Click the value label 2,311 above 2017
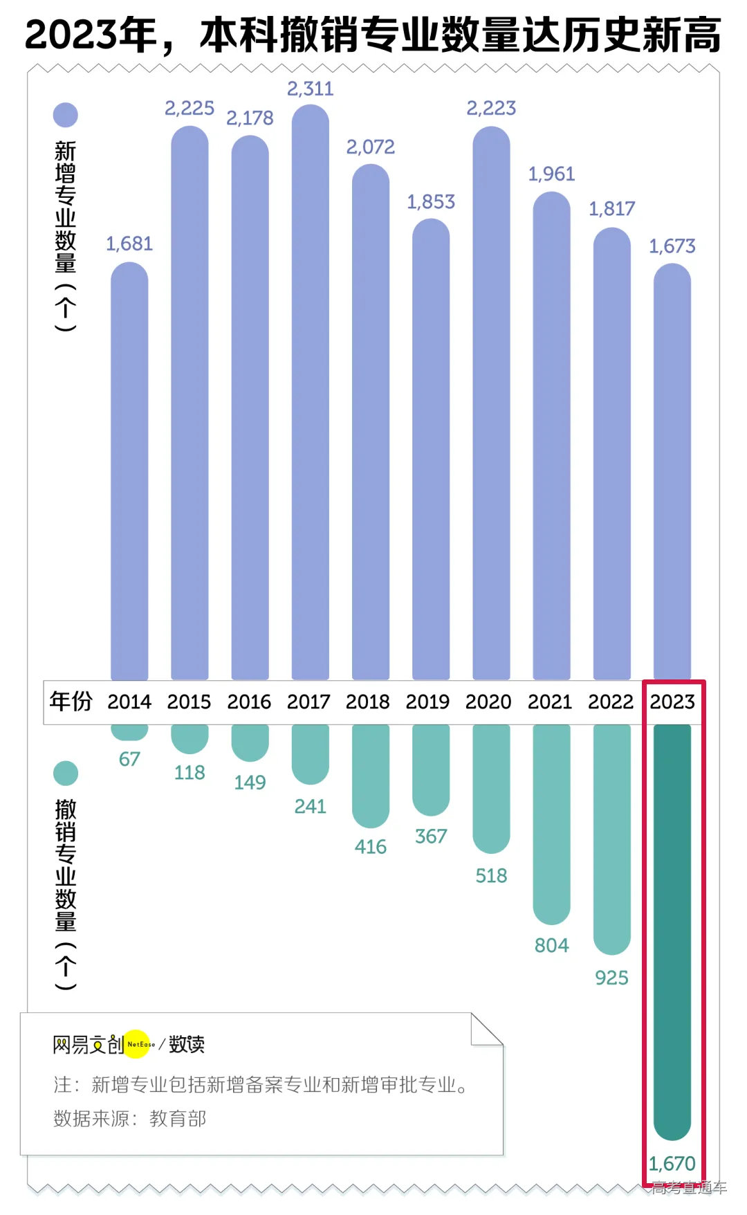point(310,89)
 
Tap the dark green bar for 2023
point(672,927)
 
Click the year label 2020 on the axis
point(488,702)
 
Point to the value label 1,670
point(672,1163)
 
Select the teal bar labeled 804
point(551,823)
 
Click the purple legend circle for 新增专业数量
point(66,115)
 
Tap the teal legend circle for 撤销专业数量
point(66,773)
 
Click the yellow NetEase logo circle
point(139,1043)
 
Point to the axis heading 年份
point(71,701)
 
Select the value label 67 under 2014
point(129,759)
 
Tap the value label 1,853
point(430,201)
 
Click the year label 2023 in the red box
point(672,702)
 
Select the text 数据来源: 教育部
point(130,1119)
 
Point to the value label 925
point(611,978)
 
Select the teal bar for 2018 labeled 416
point(370,775)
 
